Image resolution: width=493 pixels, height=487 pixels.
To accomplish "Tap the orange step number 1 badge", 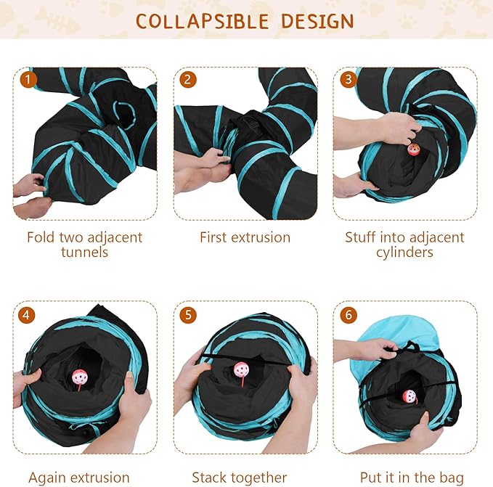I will pyautogui.click(x=28, y=78).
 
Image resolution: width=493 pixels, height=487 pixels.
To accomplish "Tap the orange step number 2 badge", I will pyautogui.click(x=187, y=78).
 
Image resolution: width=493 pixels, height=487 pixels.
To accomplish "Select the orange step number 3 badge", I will pyautogui.click(x=348, y=78).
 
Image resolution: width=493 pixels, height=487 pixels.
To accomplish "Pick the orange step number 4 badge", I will pyautogui.click(x=28, y=315).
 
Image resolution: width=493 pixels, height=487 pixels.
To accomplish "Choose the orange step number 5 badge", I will pyautogui.click(x=187, y=315).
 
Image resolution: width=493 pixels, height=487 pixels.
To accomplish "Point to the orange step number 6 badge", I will pyautogui.click(x=348, y=315).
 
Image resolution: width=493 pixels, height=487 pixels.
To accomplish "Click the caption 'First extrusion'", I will pyautogui.click(x=245, y=237).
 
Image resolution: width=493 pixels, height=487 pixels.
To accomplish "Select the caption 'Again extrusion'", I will pyautogui.click(x=78, y=478).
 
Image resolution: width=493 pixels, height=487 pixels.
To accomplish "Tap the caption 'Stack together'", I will pyautogui.click(x=239, y=478).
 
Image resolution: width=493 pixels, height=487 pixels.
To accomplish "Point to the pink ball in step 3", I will pyautogui.click(x=414, y=150).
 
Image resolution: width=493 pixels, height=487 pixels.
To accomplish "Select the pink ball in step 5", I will pyautogui.click(x=240, y=372).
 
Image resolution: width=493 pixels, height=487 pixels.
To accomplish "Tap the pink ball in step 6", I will pyautogui.click(x=410, y=397).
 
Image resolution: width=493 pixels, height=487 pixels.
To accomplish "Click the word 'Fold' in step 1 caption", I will pyautogui.click(x=40, y=237).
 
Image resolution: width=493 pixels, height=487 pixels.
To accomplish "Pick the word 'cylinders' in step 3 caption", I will pyautogui.click(x=404, y=253).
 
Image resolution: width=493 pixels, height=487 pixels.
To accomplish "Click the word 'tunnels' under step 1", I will pyautogui.click(x=84, y=253).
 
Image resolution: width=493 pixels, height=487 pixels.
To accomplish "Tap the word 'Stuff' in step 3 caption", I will pyautogui.click(x=362, y=237).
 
